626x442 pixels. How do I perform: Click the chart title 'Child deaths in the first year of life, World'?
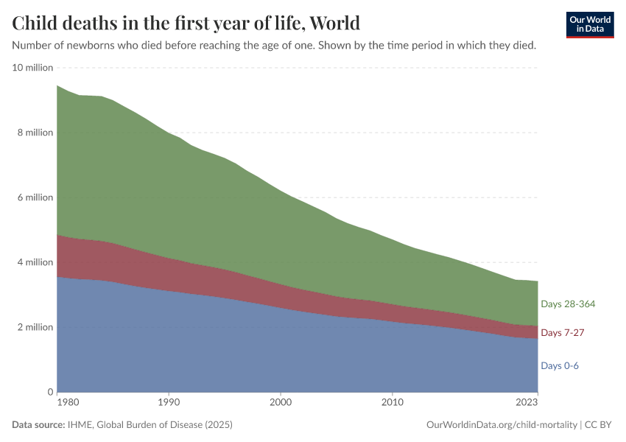click(186, 23)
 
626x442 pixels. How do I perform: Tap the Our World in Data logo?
click(590, 24)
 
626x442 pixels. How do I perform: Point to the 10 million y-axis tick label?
click(33, 68)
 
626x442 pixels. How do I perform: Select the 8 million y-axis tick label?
click(35, 133)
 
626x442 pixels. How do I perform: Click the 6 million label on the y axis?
click(35, 197)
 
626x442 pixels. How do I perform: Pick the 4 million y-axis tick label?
click(35, 262)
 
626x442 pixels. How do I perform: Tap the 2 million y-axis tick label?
click(35, 327)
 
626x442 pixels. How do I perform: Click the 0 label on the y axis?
click(51, 392)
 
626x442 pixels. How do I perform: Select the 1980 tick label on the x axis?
click(57, 403)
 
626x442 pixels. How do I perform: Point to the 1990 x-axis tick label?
click(169, 403)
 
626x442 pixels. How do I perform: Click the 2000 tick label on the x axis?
click(281, 403)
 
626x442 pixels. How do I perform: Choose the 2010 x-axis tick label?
click(393, 403)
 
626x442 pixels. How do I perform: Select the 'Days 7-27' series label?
click(563, 333)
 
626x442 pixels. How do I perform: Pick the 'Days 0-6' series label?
click(559, 365)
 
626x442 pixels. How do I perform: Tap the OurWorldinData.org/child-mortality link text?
click(502, 425)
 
